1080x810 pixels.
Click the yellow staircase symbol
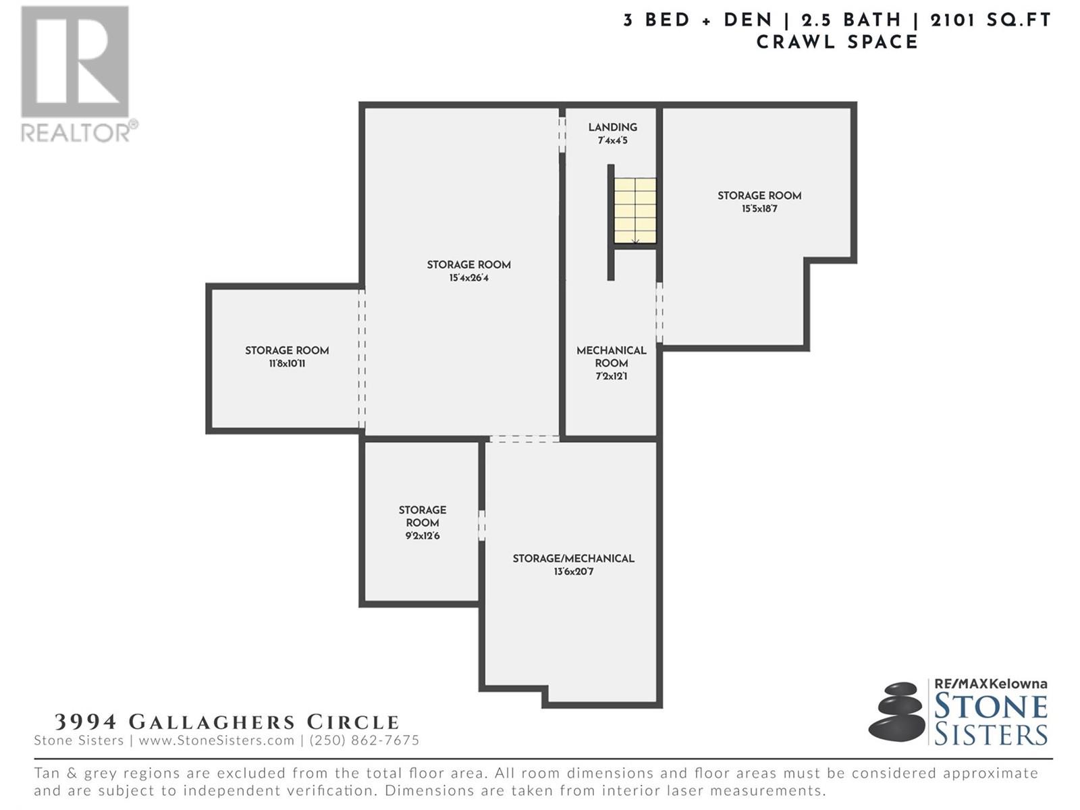(634, 211)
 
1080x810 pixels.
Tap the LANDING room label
(613, 128)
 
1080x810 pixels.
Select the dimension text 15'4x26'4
(468, 278)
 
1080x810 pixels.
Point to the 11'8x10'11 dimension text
(287, 364)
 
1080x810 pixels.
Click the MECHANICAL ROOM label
(611, 356)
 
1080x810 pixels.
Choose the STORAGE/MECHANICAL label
(573, 559)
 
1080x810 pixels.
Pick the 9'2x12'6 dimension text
(422, 536)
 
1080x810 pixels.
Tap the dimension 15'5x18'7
(759, 209)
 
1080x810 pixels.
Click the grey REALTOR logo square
(75, 61)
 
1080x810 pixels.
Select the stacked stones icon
(896, 711)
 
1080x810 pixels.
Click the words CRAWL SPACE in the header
(837, 43)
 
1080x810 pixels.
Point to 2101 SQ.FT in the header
(990, 20)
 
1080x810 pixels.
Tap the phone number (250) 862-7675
(364, 740)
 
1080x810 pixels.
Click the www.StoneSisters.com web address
(217, 740)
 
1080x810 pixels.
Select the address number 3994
(86, 722)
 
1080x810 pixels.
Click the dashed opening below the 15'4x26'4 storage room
(524, 439)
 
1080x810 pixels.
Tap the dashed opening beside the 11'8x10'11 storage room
(362, 358)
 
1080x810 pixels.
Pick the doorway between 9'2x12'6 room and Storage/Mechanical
(482, 526)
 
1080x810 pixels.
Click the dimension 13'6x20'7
(573, 572)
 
